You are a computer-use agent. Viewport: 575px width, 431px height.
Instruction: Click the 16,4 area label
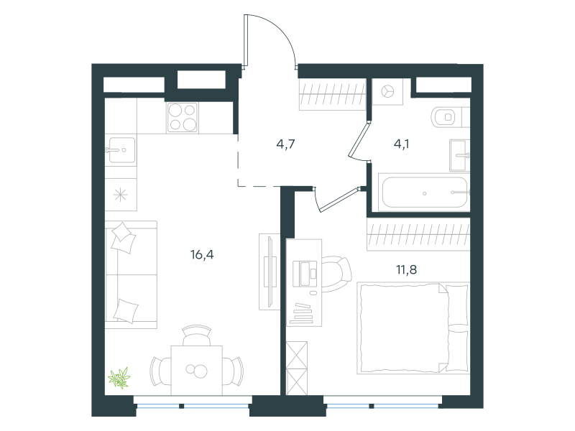pos(202,254)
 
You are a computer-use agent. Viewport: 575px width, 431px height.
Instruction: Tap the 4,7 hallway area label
pos(285,144)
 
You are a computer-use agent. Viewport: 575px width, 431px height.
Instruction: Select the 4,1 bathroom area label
pos(402,144)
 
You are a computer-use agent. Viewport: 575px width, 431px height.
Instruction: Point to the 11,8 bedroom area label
pos(406,270)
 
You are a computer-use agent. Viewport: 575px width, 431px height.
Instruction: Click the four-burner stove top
pos(183,117)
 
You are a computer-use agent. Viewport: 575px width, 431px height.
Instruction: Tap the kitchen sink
pos(120,150)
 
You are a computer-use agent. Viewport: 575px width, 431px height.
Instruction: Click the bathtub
pos(424,193)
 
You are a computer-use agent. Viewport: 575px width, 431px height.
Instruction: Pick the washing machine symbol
pos(387,91)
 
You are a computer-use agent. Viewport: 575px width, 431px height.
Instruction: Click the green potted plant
pos(119,378)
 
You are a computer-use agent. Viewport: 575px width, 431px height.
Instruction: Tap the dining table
pos(196,370)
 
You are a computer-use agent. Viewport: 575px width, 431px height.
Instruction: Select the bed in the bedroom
pos(413,328)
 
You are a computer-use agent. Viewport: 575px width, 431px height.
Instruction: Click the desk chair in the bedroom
pos(337,274)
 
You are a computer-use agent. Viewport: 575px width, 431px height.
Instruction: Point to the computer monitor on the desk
pos(304,274)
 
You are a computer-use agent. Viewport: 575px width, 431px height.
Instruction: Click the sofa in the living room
pos(131,274)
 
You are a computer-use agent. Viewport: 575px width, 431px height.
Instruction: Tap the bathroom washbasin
pos(460,155)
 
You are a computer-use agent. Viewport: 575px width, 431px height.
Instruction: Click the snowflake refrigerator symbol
pos(120,195)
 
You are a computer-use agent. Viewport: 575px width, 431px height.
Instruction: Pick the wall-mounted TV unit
pos(270,272)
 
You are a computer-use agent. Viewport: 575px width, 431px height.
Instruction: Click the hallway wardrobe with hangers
pos(333,94)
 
